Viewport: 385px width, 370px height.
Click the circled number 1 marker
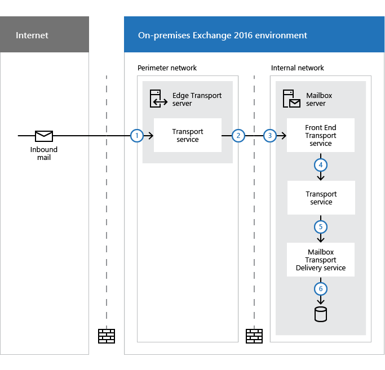[x=136, y=136]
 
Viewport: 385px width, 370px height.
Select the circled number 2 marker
[x=238, y=136]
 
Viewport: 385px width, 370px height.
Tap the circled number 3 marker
[x=270, y=136]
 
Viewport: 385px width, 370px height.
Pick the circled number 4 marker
[x=321, y=166]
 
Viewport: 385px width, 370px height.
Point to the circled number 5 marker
[x=321, y=228]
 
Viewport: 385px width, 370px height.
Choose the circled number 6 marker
[x=321, y=289]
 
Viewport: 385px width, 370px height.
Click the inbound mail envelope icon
[x=44, y=136]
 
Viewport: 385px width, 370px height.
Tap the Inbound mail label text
[x=44, y=154]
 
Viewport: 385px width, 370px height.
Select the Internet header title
[x=32, y=35]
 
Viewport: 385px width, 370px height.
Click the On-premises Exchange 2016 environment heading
[x=223, y=35]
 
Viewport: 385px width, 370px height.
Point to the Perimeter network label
[x=167, y=68]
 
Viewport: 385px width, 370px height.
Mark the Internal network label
[x=298, y=68]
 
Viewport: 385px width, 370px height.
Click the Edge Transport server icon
[x=157, y=99]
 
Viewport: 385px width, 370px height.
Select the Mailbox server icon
[x=291, y=99]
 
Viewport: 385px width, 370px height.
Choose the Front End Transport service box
[x=321, y=135]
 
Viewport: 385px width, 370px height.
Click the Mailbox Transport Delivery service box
[x=321, y=260]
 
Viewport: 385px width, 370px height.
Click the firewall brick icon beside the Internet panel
[x=107, y=336]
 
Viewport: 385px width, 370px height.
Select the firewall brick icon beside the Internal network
[x=254, y=336]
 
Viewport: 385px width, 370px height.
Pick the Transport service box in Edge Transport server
[x=188, y=135]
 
